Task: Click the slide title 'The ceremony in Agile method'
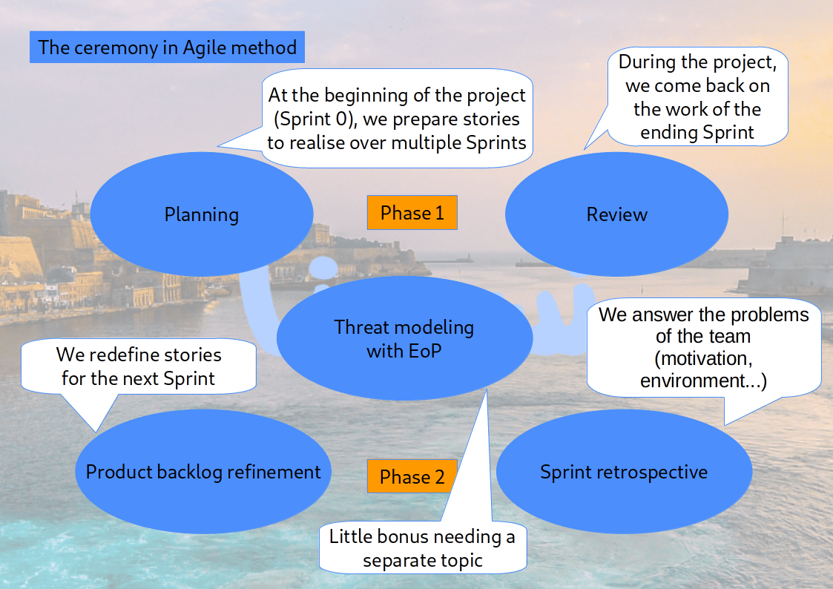167,48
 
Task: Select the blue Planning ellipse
201,215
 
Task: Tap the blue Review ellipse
616,215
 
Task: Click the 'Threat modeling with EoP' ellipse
404,339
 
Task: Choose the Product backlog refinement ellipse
203,472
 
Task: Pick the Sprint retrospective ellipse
623,472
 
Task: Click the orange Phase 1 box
412,213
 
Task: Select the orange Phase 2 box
412,477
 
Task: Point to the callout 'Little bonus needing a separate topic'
422,547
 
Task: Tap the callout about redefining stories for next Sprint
139,366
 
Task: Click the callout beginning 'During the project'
697,97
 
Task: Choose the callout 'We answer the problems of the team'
703,347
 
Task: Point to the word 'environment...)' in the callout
703,381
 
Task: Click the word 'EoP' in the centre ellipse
424,351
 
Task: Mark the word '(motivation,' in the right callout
703,359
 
